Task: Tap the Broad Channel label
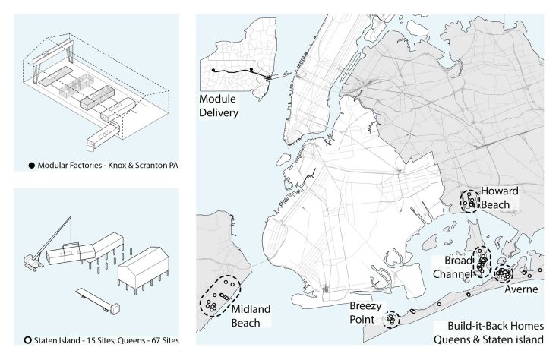point(453,267)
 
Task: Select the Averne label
point(521,289)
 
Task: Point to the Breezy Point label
point(365,313)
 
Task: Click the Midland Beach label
point(251,316)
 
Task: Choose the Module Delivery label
point(219,106)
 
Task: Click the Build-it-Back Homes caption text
point(489,333)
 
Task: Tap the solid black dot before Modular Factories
point(32,166)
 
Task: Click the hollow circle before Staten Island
point(28,340)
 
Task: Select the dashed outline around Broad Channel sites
point(474,262)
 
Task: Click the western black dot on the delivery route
point(213,70)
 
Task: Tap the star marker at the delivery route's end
point(268,77)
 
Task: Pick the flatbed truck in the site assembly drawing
point(98,302)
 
